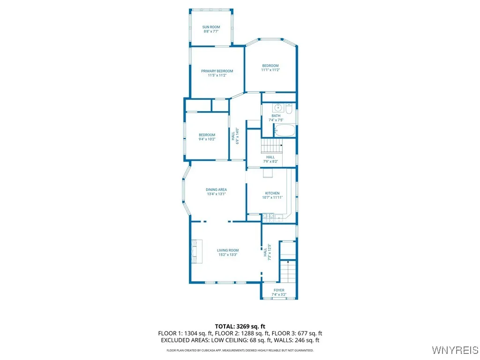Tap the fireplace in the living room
tap(195, 251)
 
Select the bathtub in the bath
tap(284, 130)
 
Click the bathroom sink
tap(278, 107)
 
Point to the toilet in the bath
tap(289, 109)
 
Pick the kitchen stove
tap(269, 217)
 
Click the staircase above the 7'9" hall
tap(272, 146)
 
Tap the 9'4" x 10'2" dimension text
tap(207, 139)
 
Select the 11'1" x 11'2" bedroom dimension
tap(270, 70)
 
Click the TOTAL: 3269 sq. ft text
tap(240, 326)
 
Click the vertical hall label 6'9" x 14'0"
tap(237, 136)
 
